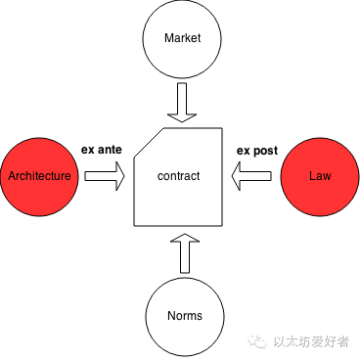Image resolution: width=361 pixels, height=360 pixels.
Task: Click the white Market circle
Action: [180, 39]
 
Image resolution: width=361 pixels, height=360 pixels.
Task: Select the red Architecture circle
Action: [39, 176]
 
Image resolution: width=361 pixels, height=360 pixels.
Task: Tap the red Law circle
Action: [319, 176]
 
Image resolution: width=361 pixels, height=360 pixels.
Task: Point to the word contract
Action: [179, 177]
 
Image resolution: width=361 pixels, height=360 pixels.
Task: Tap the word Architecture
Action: [39, 177]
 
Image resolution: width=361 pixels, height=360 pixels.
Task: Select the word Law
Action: [319, 177]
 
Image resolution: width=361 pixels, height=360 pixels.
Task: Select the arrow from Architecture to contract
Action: [105, 176]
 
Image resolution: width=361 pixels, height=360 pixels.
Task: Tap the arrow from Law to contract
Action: [252, 176]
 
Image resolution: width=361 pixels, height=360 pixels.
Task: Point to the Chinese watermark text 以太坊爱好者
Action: [311, 340]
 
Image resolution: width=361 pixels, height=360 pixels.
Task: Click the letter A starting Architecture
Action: [11, 177]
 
